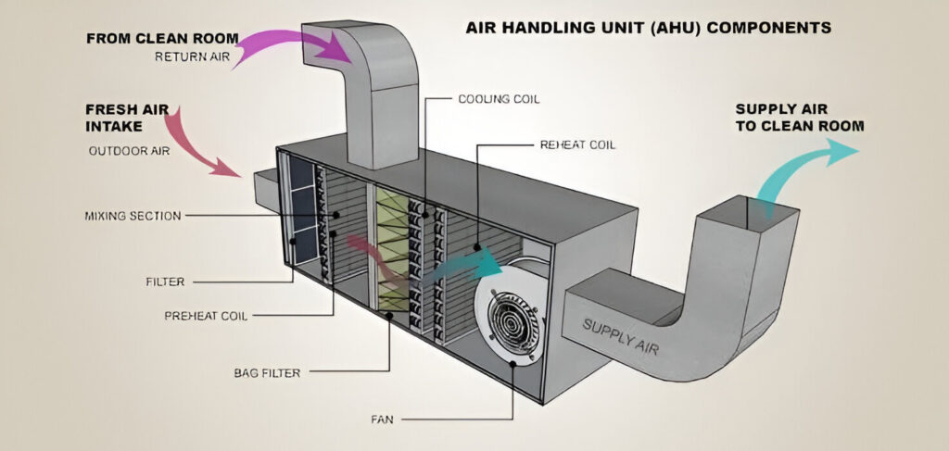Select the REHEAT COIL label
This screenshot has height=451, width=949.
[x=577, y=145]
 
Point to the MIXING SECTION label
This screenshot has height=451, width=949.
[x=133, y=216]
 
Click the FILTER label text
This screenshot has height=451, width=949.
[x=165, y=281]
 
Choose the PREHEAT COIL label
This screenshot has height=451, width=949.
[x=205, y=316]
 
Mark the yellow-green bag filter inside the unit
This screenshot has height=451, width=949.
[x=391, y=250]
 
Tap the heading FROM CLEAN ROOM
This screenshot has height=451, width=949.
[x=162, y=39]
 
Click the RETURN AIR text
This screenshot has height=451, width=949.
[x=191, y=56]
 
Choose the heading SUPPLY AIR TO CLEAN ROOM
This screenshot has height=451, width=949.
[x=800, y=117]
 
